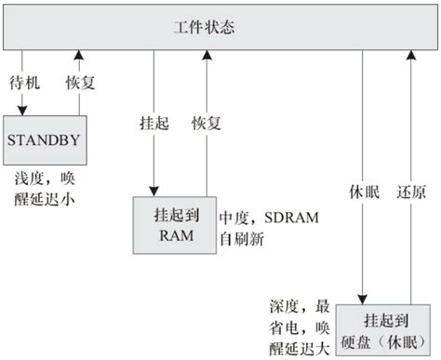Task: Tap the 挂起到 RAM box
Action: (x=175, y=224)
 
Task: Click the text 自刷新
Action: (x=241, y=237)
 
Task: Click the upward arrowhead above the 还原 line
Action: (x=408, y=57)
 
